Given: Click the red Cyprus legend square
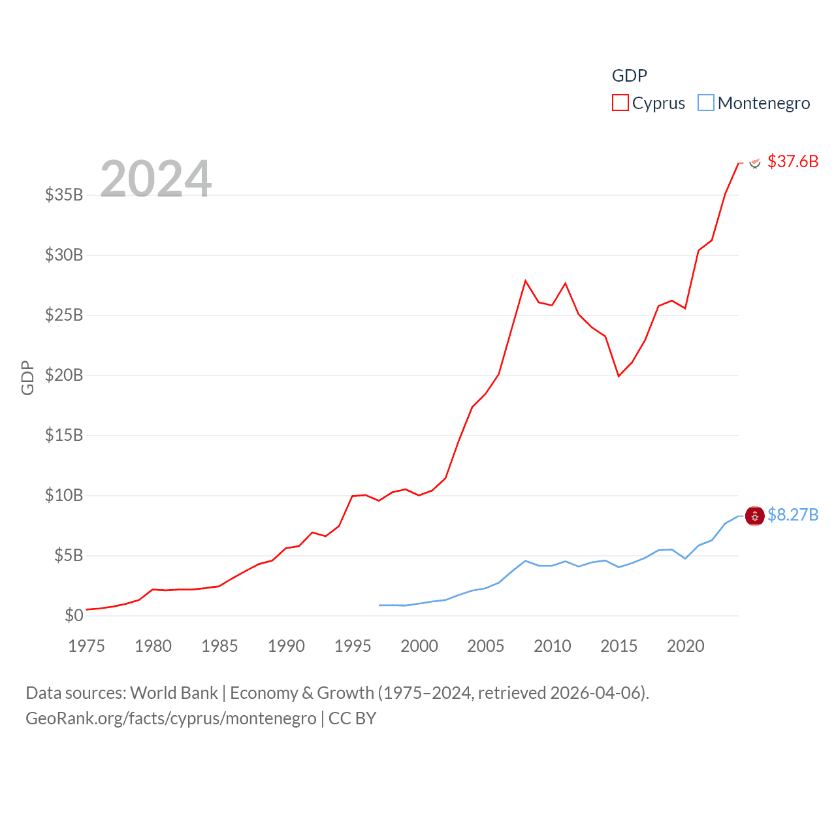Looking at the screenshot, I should click(620, 103).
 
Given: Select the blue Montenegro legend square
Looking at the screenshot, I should click(706, 103).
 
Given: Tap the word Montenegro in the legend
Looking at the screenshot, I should click(764, 103).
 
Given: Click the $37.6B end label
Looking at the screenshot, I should click(793, 161).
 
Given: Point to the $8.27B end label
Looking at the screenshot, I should click(793, 515).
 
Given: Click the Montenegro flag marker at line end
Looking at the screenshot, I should click(755, 516).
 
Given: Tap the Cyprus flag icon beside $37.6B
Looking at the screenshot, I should click(755, 163).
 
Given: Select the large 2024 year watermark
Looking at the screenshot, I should click(156, 179).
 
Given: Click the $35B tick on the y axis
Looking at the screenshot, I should click(64, 195).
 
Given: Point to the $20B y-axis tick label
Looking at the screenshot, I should click(64, 375).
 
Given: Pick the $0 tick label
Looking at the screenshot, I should click(74, 615).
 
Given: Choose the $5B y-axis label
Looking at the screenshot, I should click(69, 555).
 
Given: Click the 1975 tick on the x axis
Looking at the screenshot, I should click(87, 646).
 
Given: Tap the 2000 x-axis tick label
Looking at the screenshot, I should click(419, 646).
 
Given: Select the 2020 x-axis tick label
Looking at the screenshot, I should click(686, 646).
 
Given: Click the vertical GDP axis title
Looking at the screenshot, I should click(27, 378).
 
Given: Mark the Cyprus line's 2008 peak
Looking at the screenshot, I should click(525, 281).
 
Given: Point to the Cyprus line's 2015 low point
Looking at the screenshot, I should click(619, 376).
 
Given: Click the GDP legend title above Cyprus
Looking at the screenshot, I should click(629, 76).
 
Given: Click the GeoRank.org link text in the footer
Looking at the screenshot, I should click(170, 718).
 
